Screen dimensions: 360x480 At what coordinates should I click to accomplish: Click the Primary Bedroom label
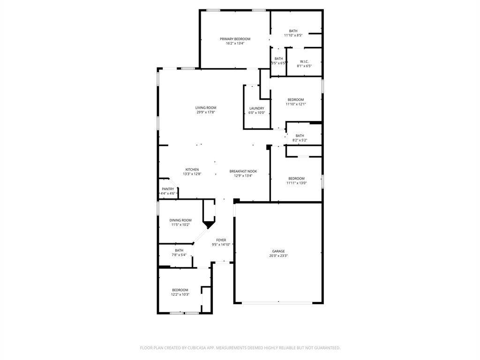pyautogui.click(x=235, y=39)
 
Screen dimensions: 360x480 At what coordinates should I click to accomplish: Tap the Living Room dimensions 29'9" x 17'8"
pyautogui.click(x=206, y=112)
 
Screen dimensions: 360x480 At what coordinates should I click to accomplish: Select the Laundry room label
pyautogui.click(x=256, y=108)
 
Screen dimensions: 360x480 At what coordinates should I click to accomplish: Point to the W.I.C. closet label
pyautogui.click(x=304, y=61)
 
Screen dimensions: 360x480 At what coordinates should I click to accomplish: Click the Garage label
pyautogui.click(x=278, y=251)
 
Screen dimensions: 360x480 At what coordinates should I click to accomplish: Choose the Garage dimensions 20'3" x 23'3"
pyautogui.click(x=278, y=256)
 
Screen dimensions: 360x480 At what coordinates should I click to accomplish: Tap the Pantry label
pyautogui.click(x=168, y=189)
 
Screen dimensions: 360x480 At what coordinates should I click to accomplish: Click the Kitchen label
pyautogui.click(x=192, y=170)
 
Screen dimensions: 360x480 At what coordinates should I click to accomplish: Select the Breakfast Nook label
pyautogui.click(x=243, y=172)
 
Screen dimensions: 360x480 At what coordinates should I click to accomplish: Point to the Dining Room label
pyautogui.click(x=180, y=220)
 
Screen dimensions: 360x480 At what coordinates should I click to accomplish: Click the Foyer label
pyautogui.click(x=221, y=240)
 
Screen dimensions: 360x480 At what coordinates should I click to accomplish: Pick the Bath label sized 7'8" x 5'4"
pyautogui.click(x=179, y=250)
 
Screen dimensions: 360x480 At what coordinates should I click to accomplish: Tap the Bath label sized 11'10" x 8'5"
pyautogui.click(x=293, y=31)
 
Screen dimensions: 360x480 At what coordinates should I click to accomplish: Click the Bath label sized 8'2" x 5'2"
pyautogui.click(x=300, y=136)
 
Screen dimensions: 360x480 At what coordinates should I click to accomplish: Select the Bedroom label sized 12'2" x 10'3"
pyautogui.click(x=180, y=290)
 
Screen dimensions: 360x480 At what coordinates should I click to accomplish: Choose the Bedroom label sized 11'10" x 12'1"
pyautogui.click(x=296, y=100)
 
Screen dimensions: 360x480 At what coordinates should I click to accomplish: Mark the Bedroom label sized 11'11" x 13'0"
pyautogui.click(x=296, y=179)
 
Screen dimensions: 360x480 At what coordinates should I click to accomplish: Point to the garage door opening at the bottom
pyautogui.click(x=278, y=303)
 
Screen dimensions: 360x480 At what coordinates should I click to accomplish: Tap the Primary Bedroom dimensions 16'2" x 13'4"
pyautogui.click(x=235, y=43)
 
